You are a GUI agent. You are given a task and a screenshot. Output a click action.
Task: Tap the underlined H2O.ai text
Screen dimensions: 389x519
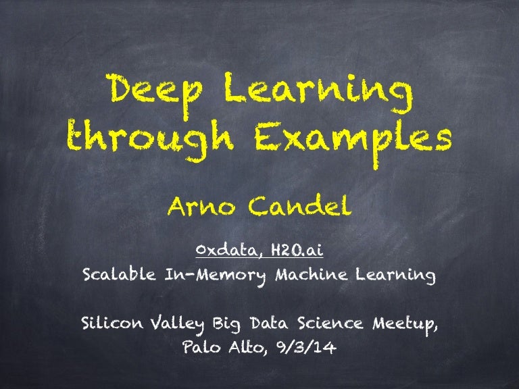point(295,251)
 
